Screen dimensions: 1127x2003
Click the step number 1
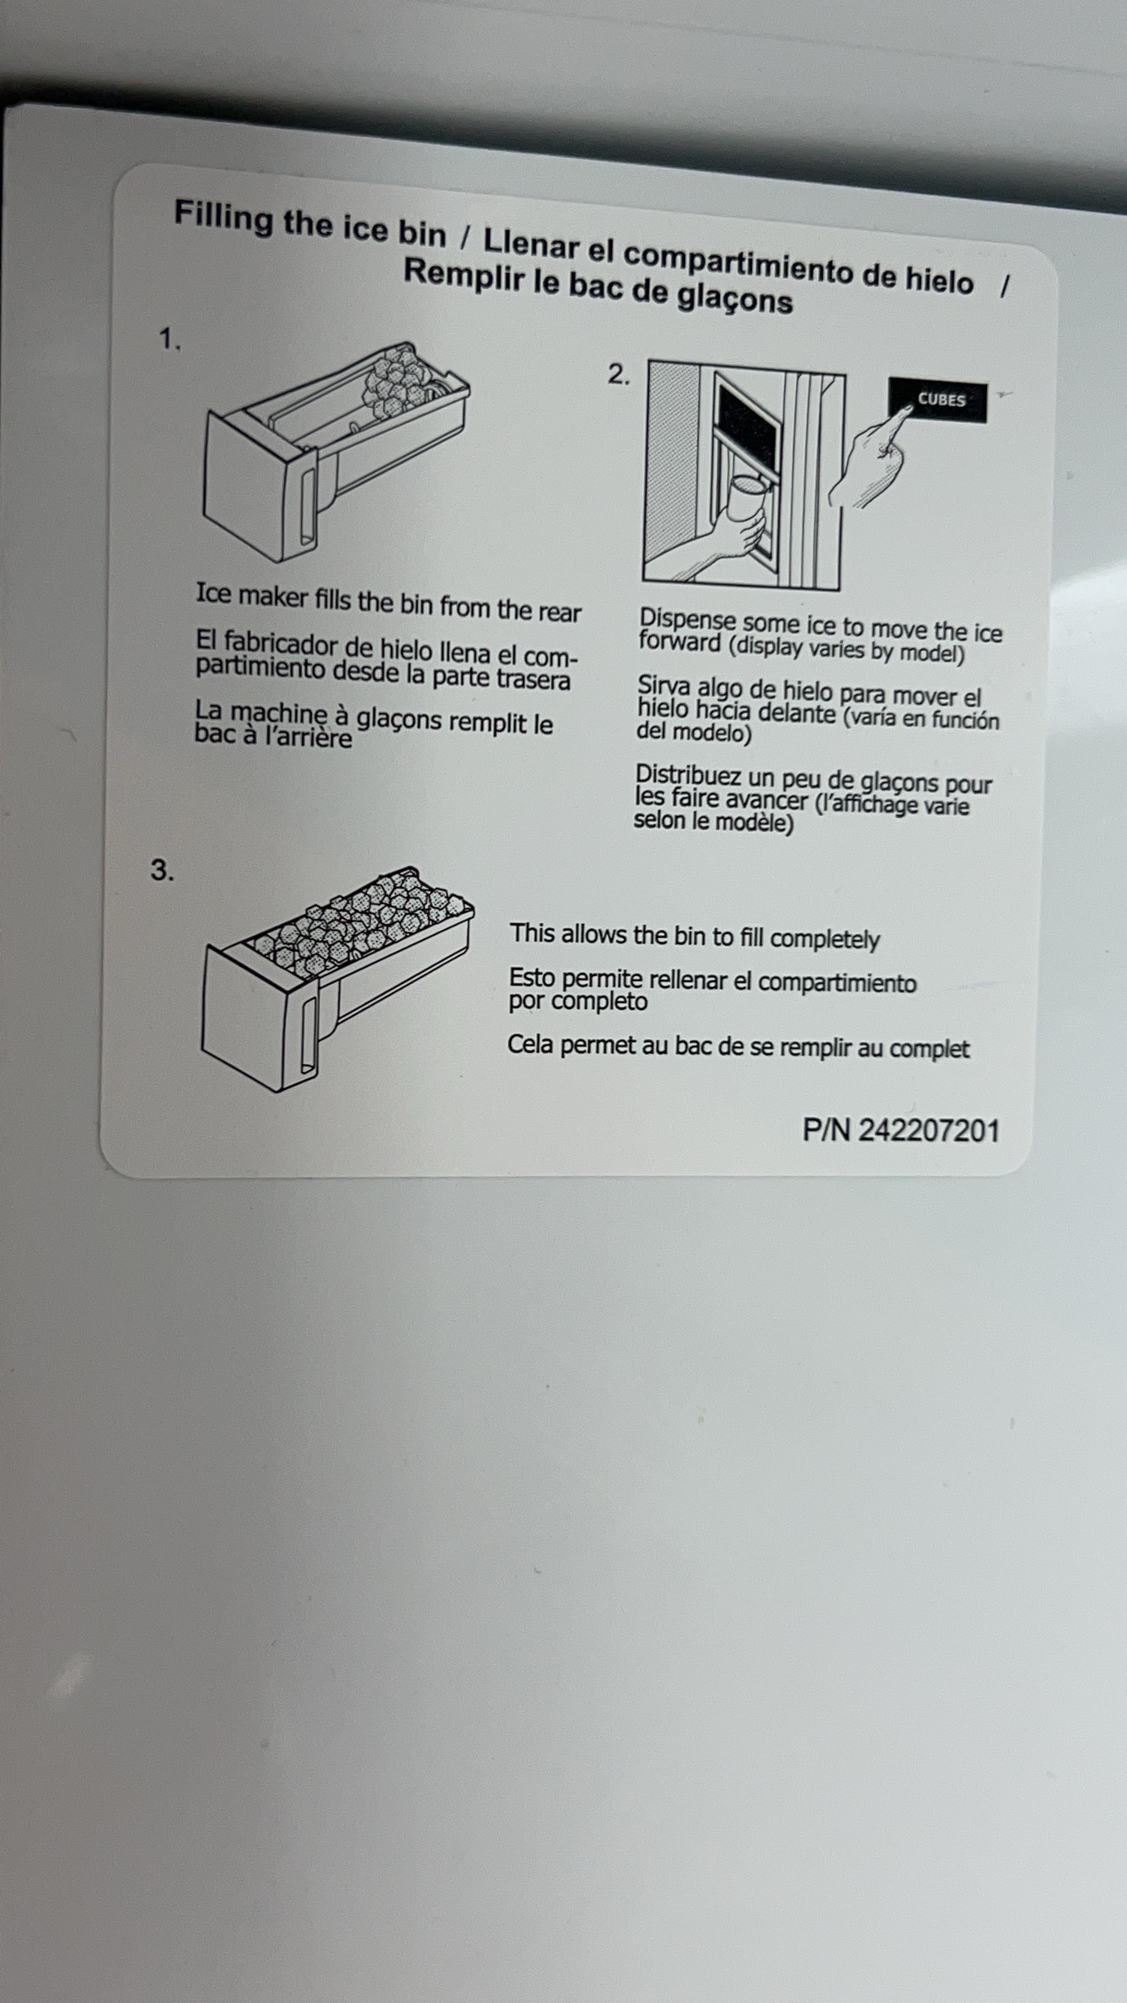pos(169,339)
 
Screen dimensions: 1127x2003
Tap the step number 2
pos(618,373)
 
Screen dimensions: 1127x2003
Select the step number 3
pos(162,870)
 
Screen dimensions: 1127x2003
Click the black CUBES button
pos(938,400)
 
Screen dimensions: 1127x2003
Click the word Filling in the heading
pos(223,217)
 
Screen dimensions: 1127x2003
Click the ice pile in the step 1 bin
pos(397,381)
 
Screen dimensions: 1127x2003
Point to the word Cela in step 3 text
pos(529,1044)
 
